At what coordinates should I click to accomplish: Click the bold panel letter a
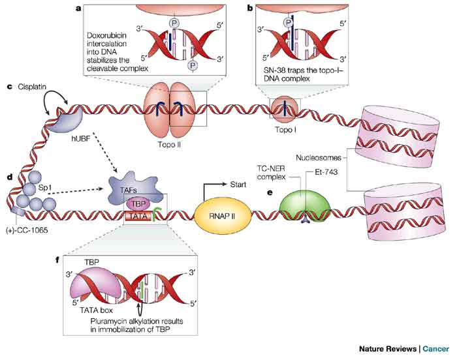pos(78,8)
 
